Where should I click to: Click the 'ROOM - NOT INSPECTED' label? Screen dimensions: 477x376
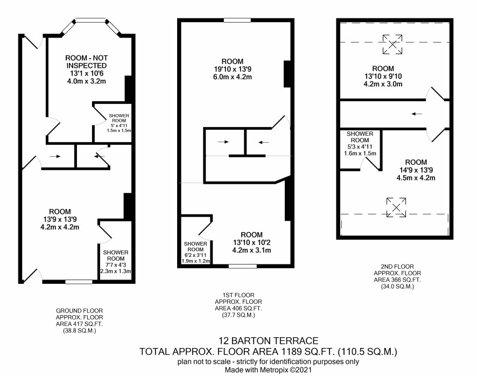tap(86, 62)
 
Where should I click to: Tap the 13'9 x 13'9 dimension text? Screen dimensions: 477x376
tap(60, 219)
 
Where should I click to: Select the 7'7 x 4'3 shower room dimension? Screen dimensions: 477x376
tap(116, 265)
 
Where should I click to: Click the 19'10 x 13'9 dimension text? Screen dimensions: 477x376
tap(233, 69)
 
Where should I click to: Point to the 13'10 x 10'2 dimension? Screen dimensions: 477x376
tap(251, 242)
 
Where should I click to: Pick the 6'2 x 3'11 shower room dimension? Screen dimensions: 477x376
tap(195, 255)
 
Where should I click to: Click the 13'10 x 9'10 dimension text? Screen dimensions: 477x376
tap(383, 76)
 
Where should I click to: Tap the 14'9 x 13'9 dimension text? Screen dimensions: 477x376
tap(416, 170)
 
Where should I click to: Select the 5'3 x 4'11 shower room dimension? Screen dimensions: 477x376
tap(360, 147)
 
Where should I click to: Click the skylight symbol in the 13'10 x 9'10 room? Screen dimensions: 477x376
tap(392, 45)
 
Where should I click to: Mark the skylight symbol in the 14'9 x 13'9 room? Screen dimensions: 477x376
tap(396, 207)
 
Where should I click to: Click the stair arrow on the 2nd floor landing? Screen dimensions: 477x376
tap(417, 114)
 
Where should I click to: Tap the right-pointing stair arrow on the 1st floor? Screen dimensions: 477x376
tap(223, 142)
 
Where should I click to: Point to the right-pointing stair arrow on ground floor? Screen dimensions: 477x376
tap(55, 157)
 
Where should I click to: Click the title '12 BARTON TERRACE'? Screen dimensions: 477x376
tap(268, 340)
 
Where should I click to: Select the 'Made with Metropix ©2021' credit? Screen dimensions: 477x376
tap(268, 370)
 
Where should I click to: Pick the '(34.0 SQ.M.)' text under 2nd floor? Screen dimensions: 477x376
tap(397, 287)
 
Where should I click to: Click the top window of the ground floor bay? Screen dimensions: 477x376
tap(90, 20)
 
